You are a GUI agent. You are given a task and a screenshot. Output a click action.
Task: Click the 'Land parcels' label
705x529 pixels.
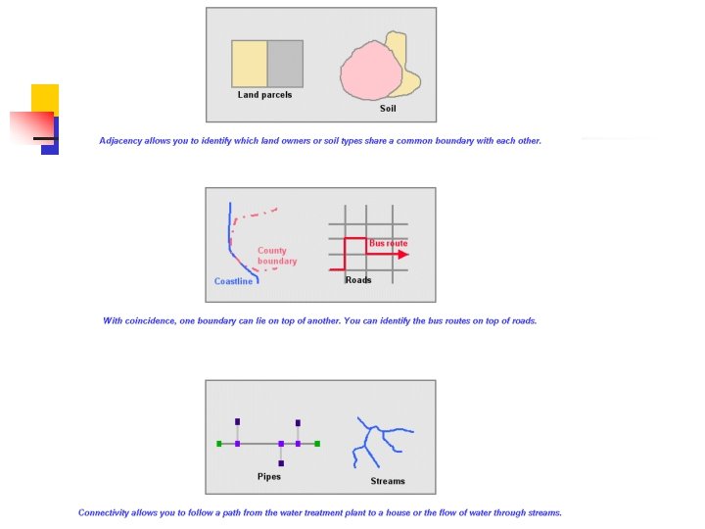tap(264, 95)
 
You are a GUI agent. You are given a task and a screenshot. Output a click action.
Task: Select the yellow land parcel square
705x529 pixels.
tap(249, 64)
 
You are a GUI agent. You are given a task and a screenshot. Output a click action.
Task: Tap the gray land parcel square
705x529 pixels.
tap(285, 64)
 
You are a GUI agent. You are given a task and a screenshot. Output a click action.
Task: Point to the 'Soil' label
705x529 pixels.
tap(388, 109)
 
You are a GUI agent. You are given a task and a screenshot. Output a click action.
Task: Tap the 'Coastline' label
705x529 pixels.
tap(233, 282)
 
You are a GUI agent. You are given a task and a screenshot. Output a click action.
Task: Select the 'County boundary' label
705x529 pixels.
tap(277, 256)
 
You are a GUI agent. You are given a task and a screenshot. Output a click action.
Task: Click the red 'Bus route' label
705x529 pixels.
tap(388, 243)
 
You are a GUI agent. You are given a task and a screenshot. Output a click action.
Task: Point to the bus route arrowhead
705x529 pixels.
tap(403, 255)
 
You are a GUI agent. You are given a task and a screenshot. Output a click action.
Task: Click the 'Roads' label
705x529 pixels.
tap(358, 280)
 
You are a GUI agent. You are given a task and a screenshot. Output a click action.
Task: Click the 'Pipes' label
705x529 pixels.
tap(269, 477)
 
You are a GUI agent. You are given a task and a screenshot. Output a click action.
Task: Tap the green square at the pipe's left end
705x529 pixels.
tap(219, 444)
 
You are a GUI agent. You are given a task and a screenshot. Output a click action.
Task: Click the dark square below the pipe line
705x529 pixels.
tap(281, 463)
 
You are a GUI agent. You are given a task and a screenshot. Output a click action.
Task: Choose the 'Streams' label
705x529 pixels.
tap(388, 481)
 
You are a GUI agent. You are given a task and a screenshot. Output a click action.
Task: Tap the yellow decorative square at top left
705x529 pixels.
tap(45, 97)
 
